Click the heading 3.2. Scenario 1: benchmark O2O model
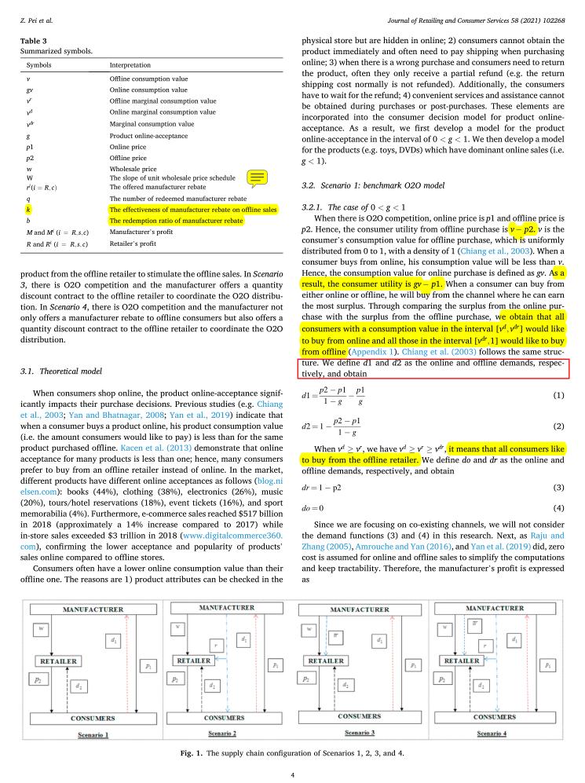click(x=369, y=185)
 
